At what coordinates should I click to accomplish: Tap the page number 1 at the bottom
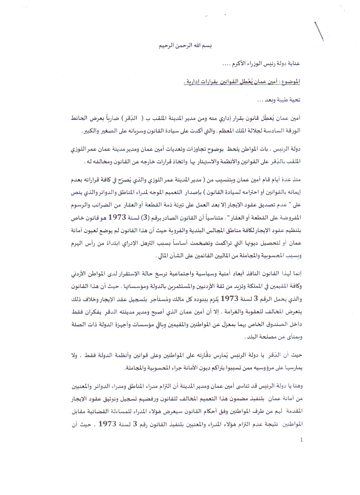[302, 440]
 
